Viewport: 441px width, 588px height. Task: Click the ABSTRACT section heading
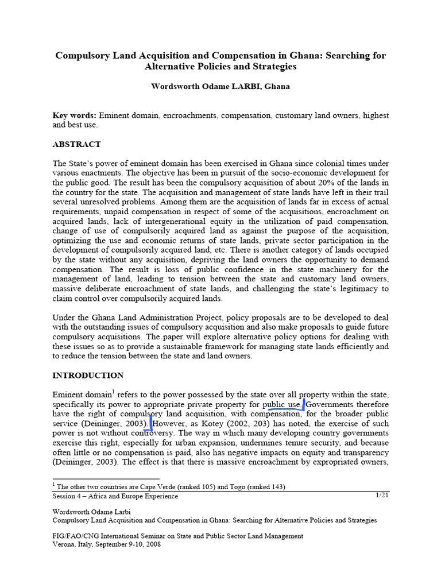pyautogui.click(x=76, y=144)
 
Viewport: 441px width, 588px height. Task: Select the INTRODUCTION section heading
pyautogui.click(x=88, y=376)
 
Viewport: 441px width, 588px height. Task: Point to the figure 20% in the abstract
pyautogui.click(x=330, y=183)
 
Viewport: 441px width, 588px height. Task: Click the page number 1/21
pyautogui.click(x=382, y=495)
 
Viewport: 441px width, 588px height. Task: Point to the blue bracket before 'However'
pyautogui.click(x=151, y=424)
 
